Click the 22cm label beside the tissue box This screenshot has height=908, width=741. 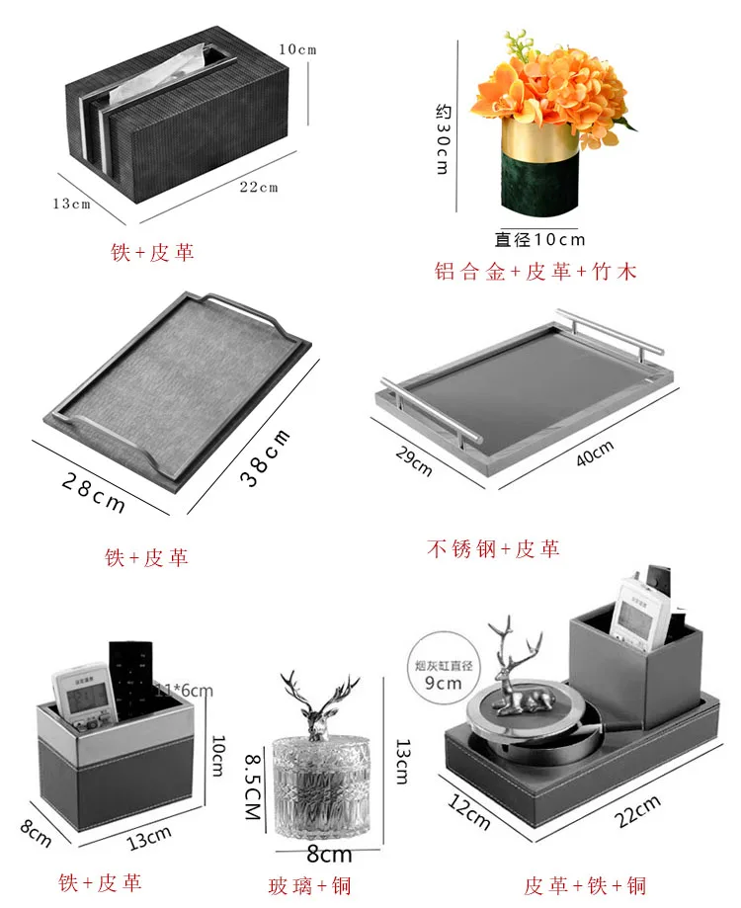[259, 187]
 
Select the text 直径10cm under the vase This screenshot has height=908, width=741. [540, 239]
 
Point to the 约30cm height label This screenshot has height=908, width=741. [443, 138]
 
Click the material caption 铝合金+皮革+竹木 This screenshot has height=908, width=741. [535, 272]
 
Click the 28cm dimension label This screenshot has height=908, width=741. [94, 491]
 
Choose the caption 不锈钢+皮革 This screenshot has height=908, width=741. [493, 549]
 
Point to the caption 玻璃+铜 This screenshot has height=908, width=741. [309, 884]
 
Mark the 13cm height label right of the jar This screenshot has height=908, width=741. [401, 761]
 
